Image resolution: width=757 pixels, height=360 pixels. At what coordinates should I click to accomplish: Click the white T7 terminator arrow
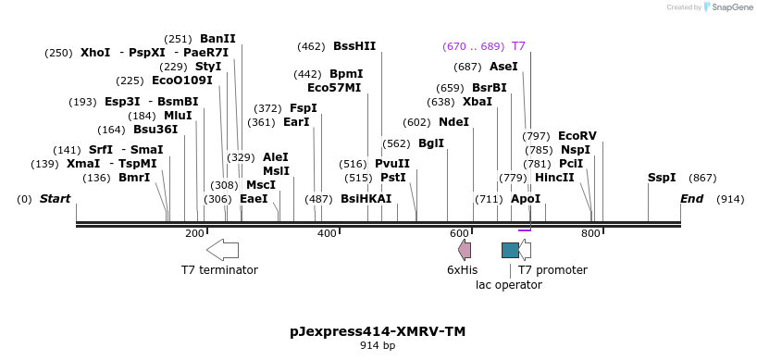222,249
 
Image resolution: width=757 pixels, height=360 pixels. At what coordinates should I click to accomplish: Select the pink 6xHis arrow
465,249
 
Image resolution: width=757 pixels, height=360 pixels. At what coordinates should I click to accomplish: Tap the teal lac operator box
510,250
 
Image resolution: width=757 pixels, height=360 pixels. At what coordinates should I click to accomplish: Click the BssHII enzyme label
354,45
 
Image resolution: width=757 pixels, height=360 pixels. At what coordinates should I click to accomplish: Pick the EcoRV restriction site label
577,135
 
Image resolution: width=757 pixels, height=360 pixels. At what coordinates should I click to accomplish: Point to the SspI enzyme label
662,177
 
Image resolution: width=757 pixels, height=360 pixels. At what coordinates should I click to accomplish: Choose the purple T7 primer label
518,45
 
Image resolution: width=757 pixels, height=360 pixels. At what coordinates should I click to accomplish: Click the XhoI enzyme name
95,53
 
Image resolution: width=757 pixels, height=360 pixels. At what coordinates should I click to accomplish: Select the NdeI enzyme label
453,121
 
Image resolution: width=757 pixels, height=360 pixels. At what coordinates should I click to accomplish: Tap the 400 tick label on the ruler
327,233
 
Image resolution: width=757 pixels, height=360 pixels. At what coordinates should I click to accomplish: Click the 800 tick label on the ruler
590,233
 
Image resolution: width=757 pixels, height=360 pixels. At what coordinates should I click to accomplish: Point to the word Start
55,198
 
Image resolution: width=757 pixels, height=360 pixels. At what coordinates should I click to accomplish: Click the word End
692,198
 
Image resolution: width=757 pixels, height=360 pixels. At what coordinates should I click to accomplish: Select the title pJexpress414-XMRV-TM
378,330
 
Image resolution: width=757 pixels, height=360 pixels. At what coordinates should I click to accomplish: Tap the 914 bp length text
378,346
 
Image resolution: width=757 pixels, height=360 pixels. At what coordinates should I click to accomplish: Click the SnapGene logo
729,7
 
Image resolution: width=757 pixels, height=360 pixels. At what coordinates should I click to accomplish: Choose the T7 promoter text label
552,269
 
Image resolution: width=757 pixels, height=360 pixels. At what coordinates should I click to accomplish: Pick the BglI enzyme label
431,143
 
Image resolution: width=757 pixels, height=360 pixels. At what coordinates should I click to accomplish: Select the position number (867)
703,177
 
